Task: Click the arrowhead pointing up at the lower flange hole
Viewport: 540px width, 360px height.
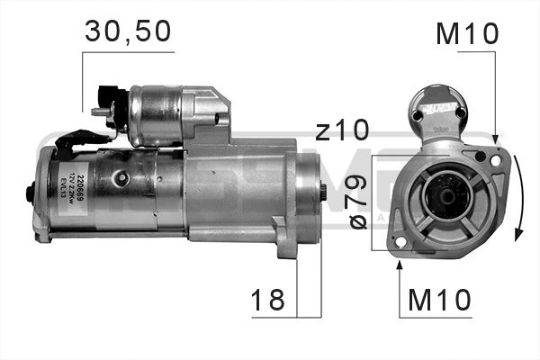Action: pyautogui.click(x=399, y=265)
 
